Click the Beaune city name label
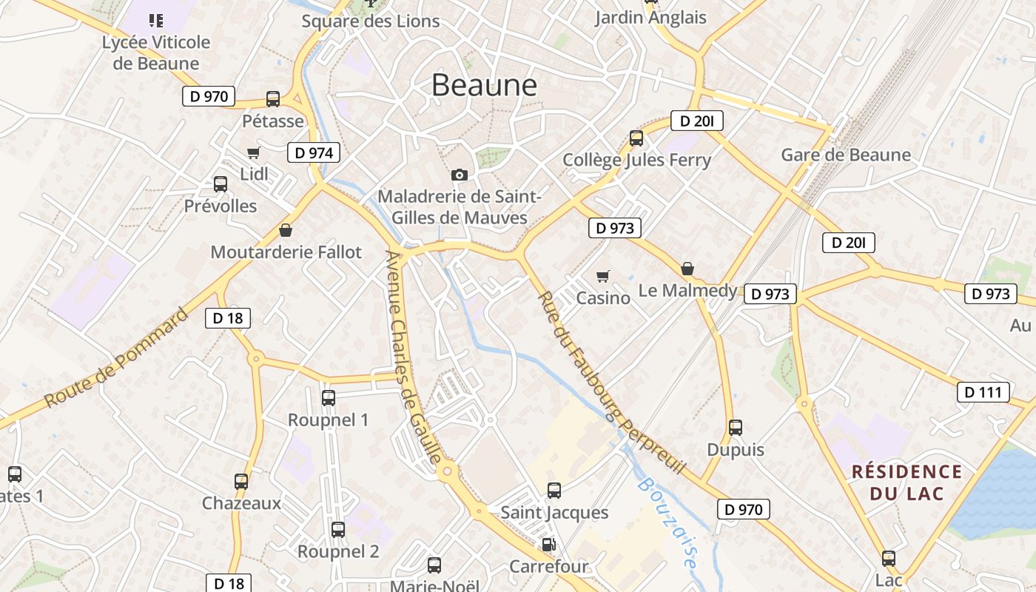tap(484, 85)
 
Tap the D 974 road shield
tap(314, 153)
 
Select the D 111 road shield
tap(983, 392)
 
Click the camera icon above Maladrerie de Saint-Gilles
tap(460, 175)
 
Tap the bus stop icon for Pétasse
tap(273, 99)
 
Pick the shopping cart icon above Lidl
tap(254, 153)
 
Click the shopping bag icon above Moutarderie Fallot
tap(286, 230)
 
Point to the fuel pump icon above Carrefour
tap(549, 545)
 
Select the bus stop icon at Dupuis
tap(735, 428)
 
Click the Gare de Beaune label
tap(846, 155)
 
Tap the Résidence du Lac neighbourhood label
tap(906, 482)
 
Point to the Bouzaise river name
tap(668, 522)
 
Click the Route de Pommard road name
tap(116, 358)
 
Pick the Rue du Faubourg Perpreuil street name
tap(611, 383)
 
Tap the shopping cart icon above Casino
tap(604, 276)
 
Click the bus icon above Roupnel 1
tap(329, 398)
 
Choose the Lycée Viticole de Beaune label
tap(156, 53)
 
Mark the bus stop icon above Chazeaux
tap(241, 482)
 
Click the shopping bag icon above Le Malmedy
tap(687, 269)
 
